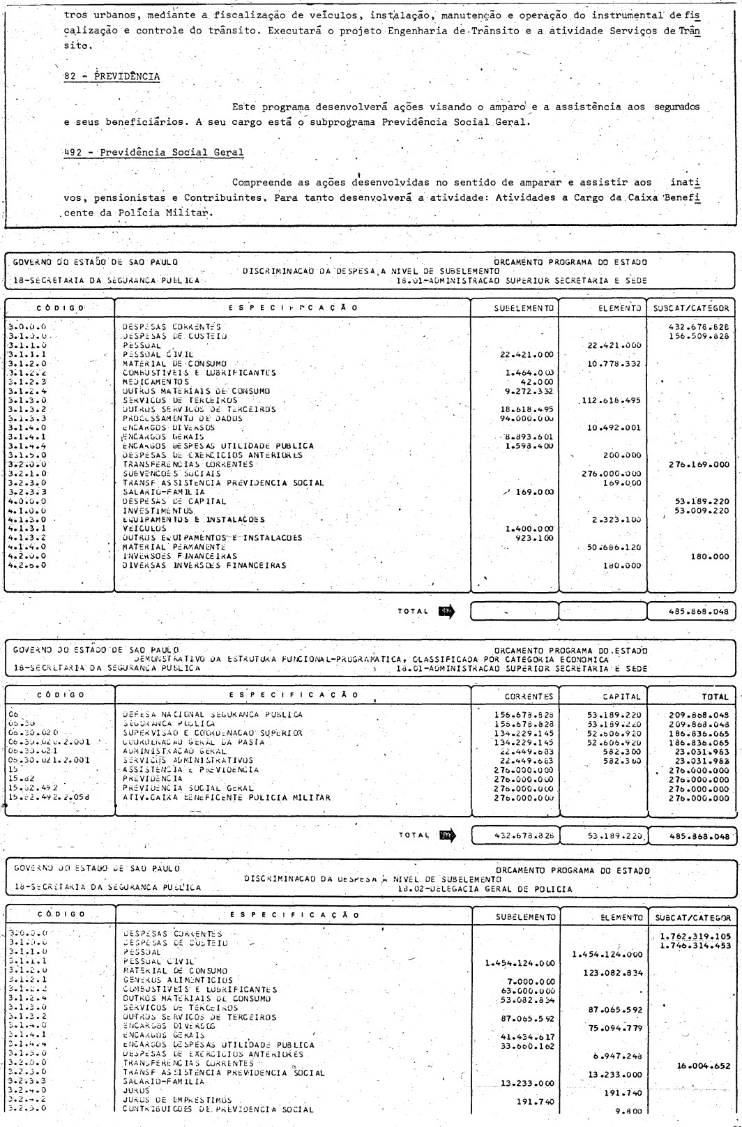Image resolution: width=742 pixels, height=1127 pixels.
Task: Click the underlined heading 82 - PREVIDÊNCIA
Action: coord(112,77)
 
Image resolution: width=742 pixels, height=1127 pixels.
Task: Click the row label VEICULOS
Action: coord(140,529)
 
